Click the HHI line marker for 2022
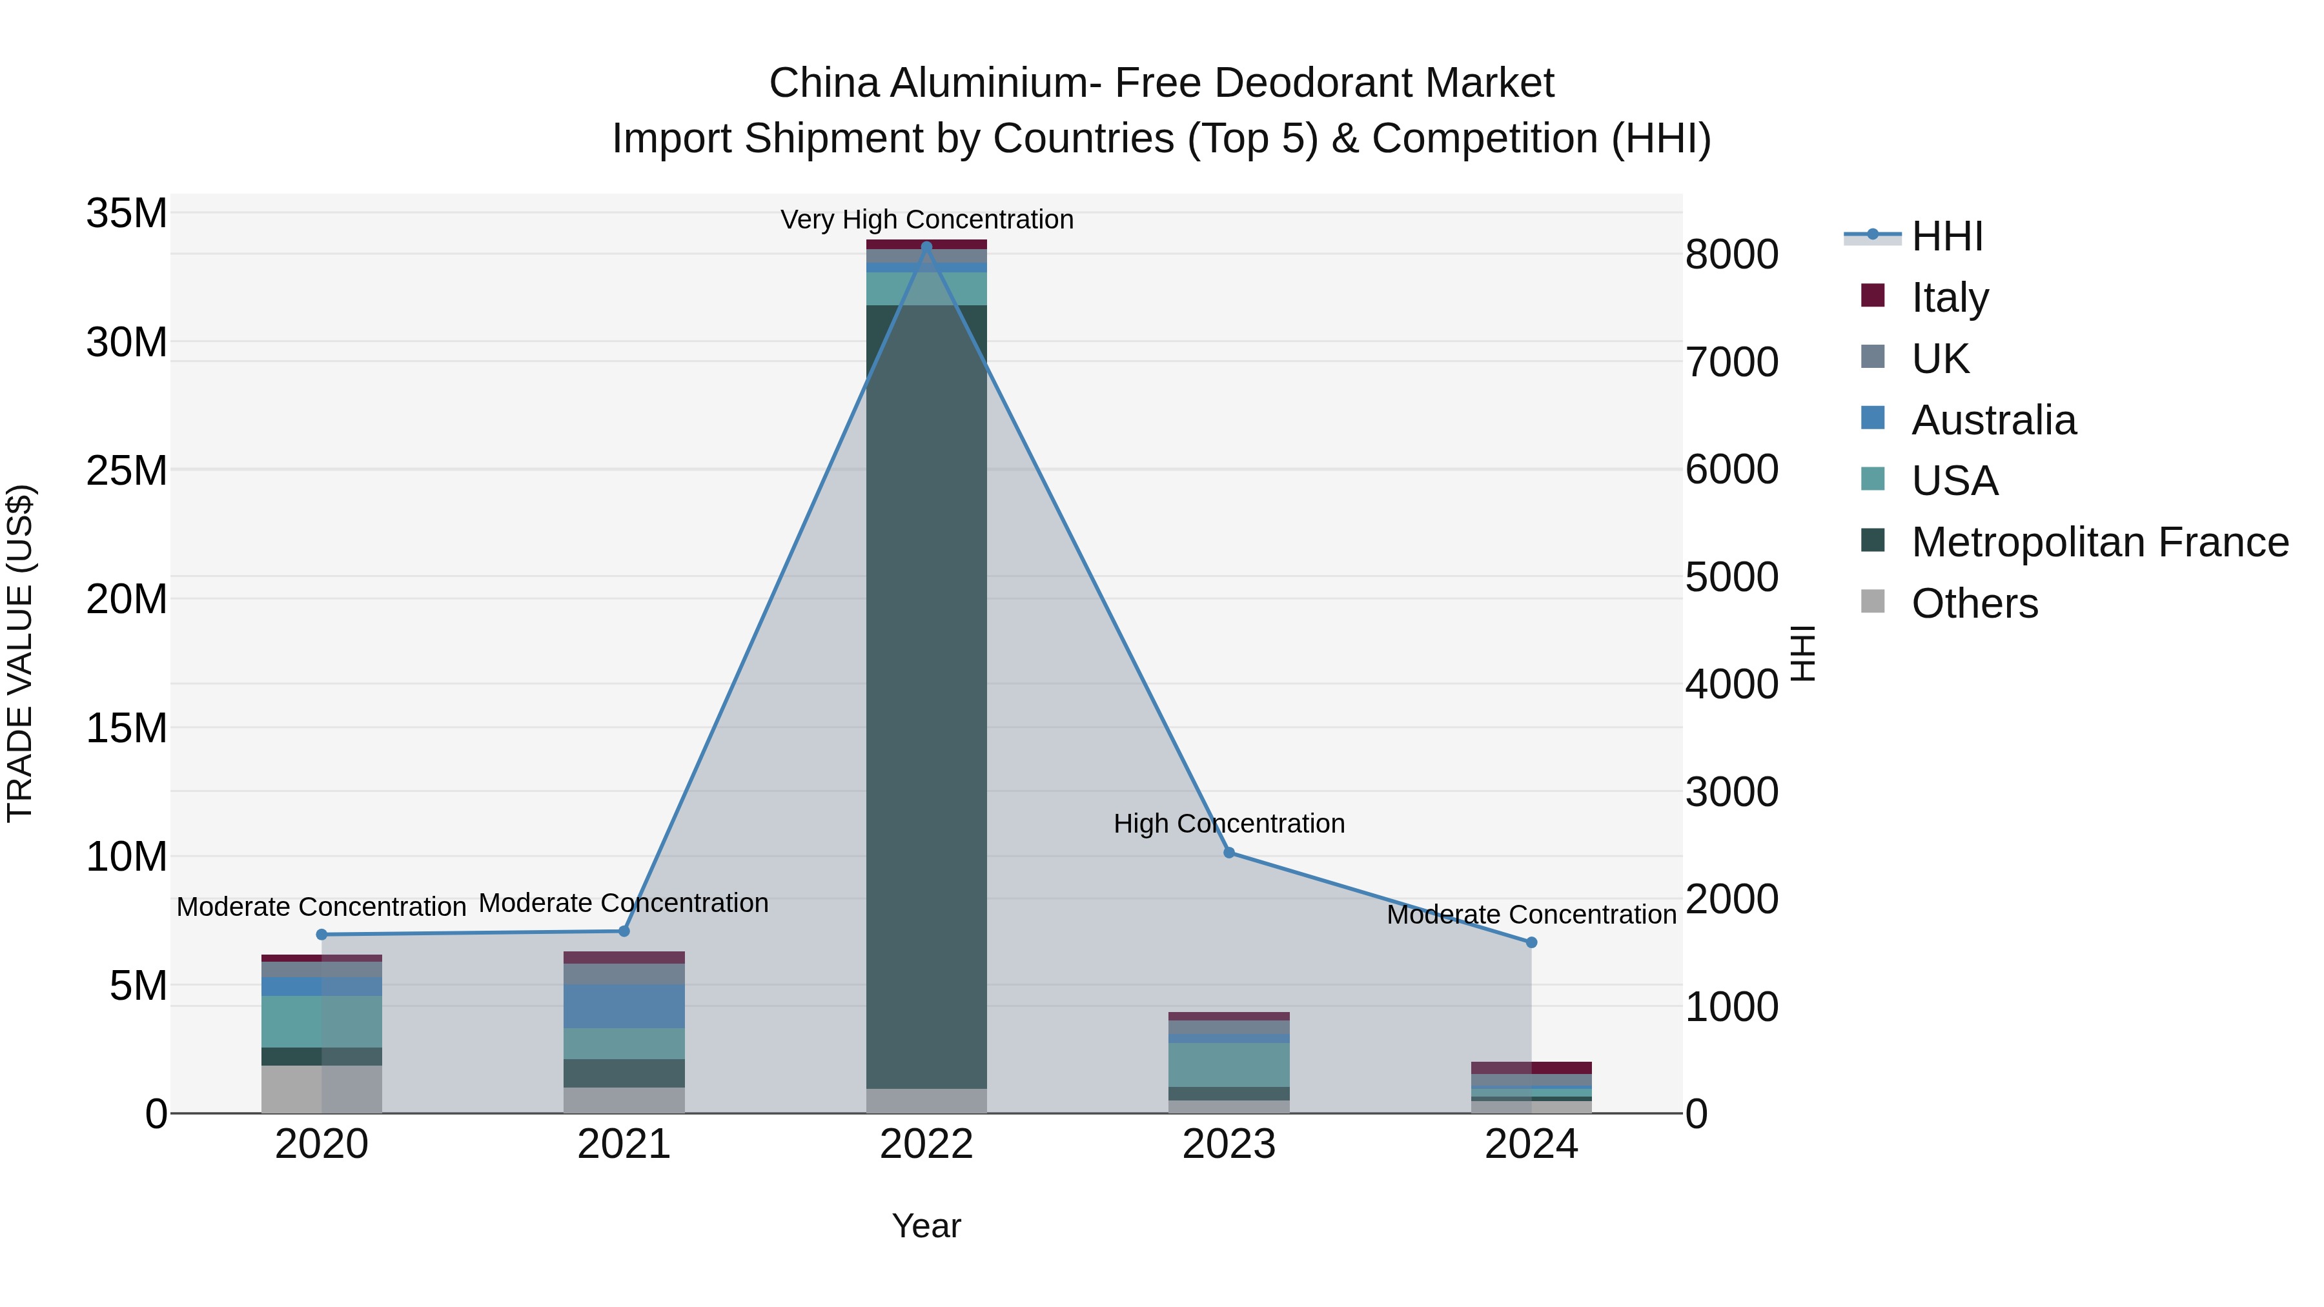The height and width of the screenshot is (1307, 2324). [x=926, y=247]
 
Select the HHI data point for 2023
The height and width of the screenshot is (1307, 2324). [x=1228, y=853]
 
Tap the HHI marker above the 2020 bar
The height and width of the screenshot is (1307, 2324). [x=321, y=935]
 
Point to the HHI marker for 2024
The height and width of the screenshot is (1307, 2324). [x=1531, y=942]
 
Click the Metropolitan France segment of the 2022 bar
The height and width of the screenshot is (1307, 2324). [x=926, y=694]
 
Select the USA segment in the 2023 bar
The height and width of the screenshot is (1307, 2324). [x=1228, y=1064]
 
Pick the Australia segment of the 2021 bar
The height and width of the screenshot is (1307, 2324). [x=624, y=1006]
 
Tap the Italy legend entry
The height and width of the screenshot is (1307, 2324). [x=1949, y=297]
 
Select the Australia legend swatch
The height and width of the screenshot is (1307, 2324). [x=1872, y=418]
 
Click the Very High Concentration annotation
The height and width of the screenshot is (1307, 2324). [x=926, y=219]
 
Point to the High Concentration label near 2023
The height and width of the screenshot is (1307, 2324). [x=1228, y=824]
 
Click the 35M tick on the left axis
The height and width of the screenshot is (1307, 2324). [x=127, y=214]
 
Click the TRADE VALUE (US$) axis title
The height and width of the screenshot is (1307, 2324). [x=20, y=653]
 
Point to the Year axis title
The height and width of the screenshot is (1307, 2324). [x=926, y=1226]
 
